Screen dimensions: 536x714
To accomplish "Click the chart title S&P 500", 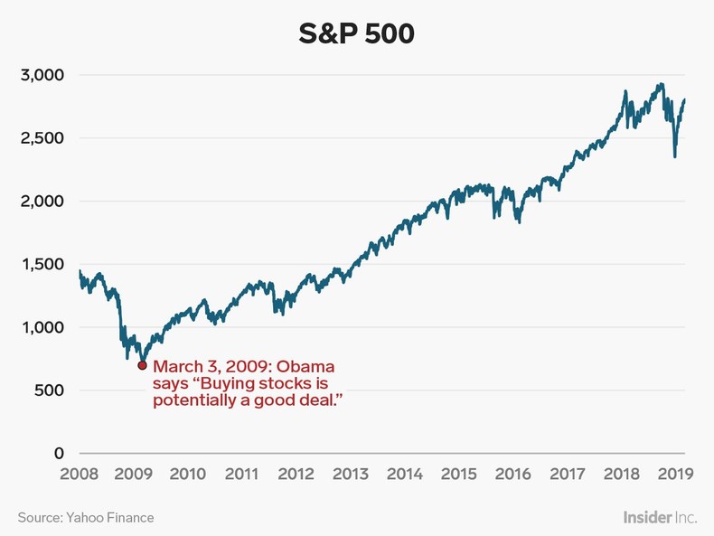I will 357,33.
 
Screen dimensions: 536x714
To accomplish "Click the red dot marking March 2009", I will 142,365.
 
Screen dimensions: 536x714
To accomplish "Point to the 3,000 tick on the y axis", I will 42,75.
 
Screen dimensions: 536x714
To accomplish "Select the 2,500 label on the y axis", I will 42,138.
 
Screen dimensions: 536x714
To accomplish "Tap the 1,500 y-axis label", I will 42,265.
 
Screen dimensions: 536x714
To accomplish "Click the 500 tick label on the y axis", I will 49,390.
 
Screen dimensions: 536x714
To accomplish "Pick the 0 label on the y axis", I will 59,454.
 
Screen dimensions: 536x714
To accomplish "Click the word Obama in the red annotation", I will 305,367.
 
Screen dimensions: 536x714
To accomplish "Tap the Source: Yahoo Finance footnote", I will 86,518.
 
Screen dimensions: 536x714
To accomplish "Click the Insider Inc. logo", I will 660,518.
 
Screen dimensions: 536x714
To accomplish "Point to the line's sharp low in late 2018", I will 674,157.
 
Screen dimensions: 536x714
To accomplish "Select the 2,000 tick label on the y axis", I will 42,202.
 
